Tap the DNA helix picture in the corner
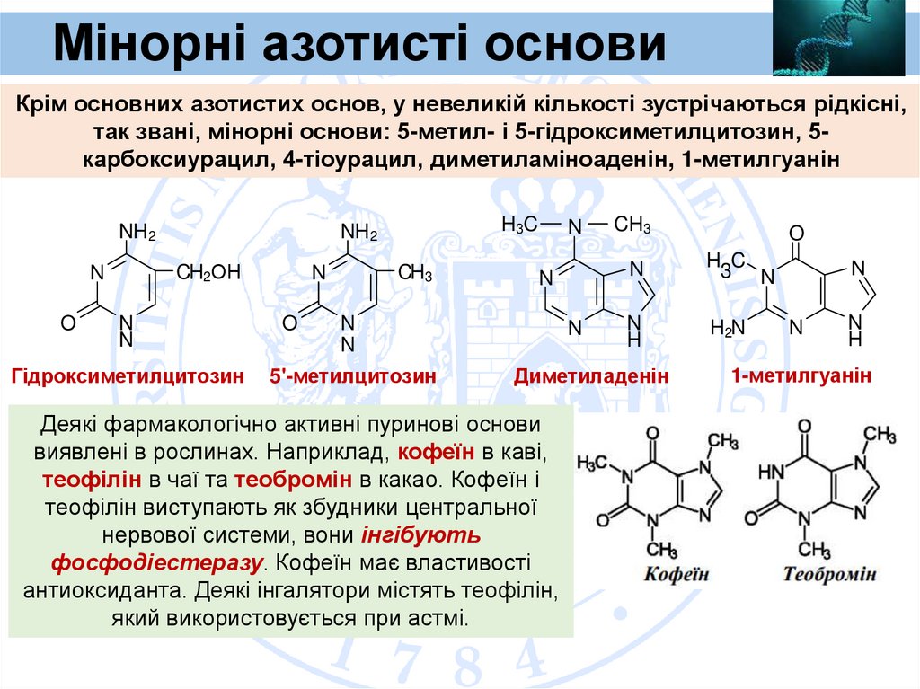coord(838,38)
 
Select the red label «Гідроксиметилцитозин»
coord(128,377)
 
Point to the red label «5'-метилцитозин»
coord(353,377)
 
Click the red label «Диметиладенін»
coord(592,377)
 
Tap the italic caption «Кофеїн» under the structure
coord(676,573)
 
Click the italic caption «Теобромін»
coord(828,573)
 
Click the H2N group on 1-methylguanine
coord(728,328)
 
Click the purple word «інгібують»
coord(420,534)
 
